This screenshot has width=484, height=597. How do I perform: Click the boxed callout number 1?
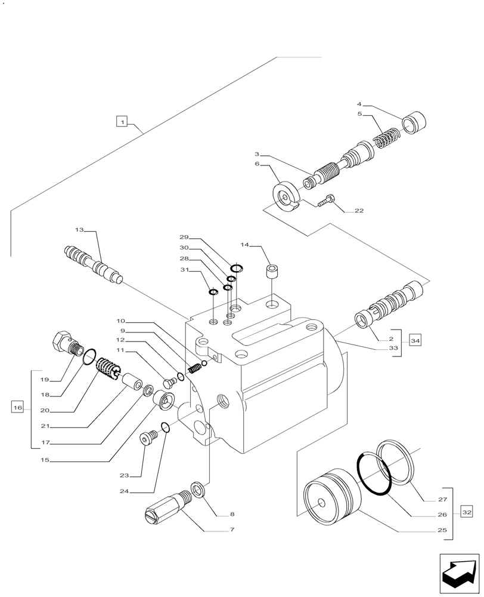coord(122,122)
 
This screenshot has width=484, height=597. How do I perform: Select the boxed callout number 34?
coord(415,341)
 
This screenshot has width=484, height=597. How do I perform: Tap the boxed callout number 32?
coord(466,512)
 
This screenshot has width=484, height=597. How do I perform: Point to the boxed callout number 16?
coord(17,408)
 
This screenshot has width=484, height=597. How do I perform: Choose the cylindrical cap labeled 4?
coord(415,124)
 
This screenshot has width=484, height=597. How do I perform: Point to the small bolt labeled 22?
coord(327,200)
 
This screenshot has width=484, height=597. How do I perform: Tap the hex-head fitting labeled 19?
coord(64,342)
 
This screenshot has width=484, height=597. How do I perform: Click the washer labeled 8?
coord(198,488)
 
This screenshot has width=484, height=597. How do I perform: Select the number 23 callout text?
coord(124,475)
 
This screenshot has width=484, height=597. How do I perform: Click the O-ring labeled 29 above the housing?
coord(236,268)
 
